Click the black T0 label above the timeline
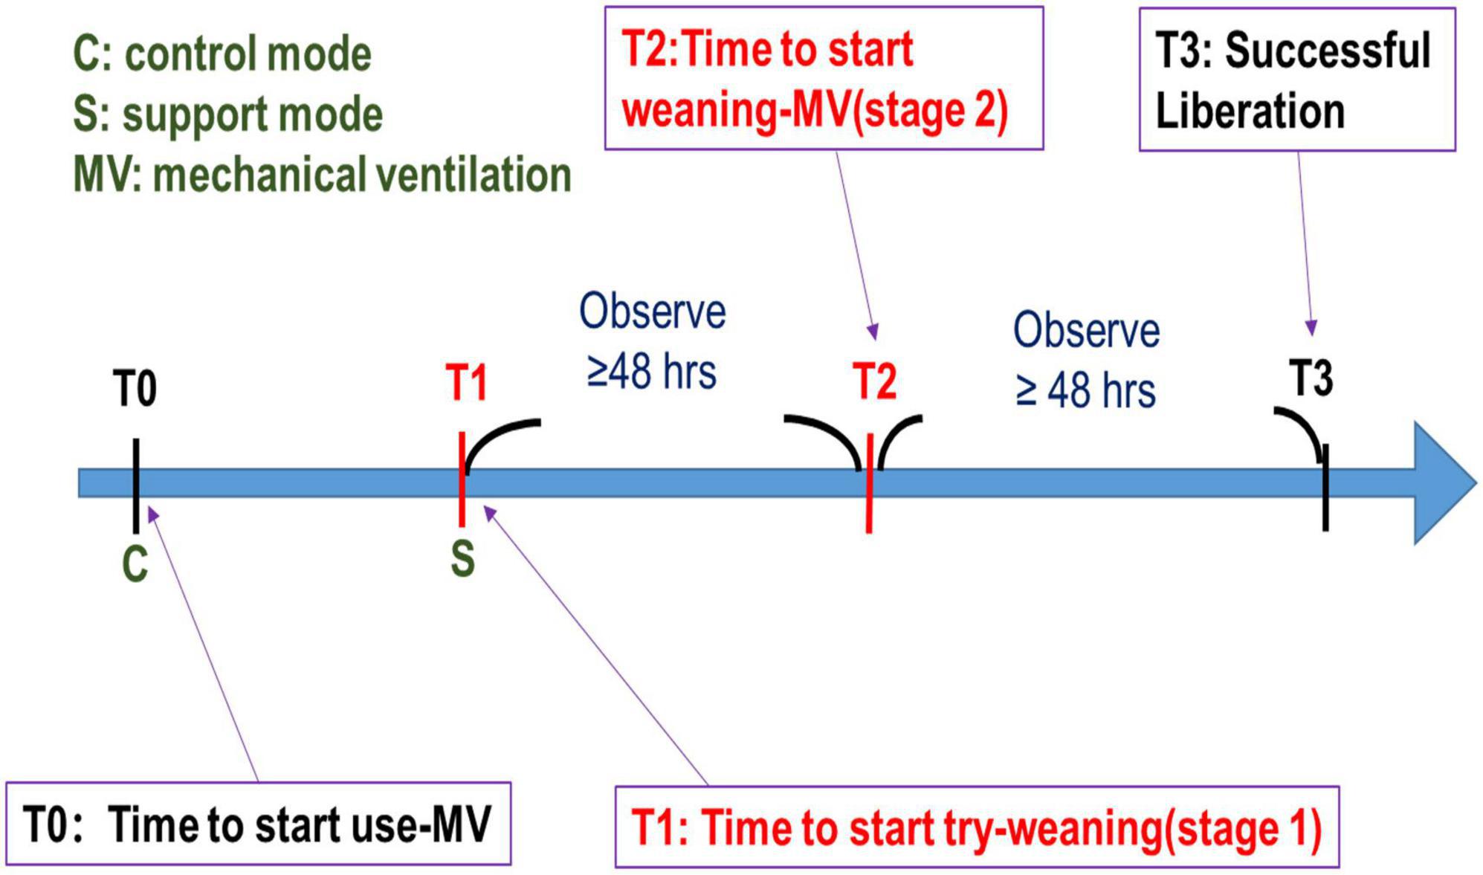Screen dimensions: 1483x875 point(135,389)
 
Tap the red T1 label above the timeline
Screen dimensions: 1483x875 point(466,383)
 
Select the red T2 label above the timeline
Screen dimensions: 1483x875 point(874,381)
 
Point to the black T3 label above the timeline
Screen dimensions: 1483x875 point(1311,378)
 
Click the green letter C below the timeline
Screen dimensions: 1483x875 point(135,564)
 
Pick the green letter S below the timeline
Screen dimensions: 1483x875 point(462,559)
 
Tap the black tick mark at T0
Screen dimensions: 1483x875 point(136,485)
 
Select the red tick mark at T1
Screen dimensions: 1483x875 point(462,479)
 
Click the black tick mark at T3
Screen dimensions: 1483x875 point(1325,488)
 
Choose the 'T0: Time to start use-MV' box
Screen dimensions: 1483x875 point(259,824)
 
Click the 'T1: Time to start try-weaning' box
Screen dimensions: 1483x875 point(978,827)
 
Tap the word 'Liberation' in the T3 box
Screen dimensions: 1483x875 point(1250,112)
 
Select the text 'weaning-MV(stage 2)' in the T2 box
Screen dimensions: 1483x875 point(815,111)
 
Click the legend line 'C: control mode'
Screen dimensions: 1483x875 point(222,54)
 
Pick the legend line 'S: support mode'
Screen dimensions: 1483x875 point(228,114)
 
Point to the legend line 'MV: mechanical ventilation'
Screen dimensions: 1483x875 point(323,175)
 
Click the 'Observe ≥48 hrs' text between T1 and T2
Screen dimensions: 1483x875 point(652,341)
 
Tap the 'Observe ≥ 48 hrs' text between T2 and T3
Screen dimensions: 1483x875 point(1086,361)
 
